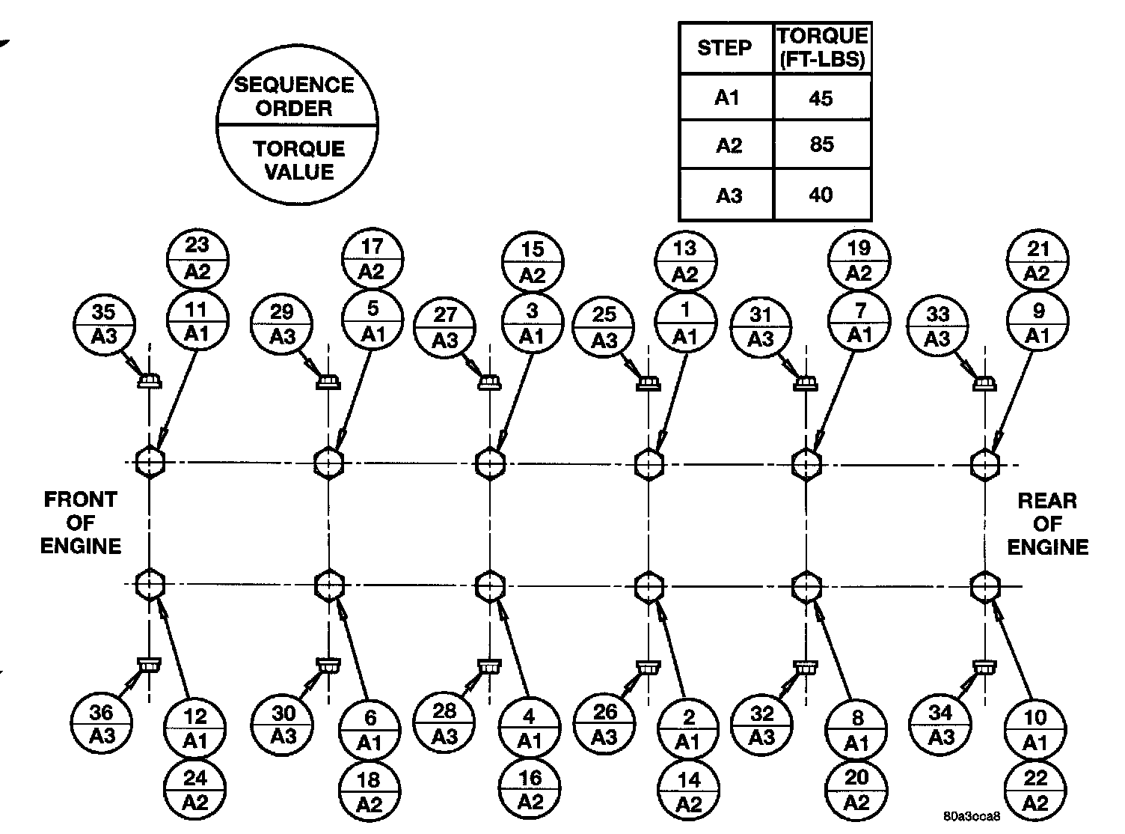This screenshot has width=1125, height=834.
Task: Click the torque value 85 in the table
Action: [x=821, y=144]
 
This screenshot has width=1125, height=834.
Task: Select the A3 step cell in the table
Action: [x=728, y=195]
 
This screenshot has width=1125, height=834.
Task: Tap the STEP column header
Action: [x=724, y=48]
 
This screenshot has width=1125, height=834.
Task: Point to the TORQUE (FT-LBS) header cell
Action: [x=822, y=48]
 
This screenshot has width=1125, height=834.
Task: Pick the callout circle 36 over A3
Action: [x=102, y=724]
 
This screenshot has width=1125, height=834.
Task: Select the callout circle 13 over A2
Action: [x=686, y=261]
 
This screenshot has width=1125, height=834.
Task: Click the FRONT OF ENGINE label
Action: [x=80, y=523]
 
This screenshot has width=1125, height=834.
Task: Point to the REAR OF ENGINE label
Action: [x=1047, y=523]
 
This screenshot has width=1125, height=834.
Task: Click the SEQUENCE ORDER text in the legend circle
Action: [x=295, y=96]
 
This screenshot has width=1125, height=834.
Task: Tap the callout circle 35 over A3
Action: [x=104, y=324]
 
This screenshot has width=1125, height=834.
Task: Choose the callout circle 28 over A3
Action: [x=445, y=723]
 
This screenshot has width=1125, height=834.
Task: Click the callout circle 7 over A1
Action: [x=859, y=322]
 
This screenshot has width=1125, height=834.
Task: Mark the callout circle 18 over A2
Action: [x=370, y=791]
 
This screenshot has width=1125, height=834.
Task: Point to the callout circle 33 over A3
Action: [x=937, y=326]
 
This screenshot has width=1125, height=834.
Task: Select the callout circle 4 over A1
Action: [x=530, y=728]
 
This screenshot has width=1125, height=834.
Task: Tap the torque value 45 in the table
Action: [x=821, y=98]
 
